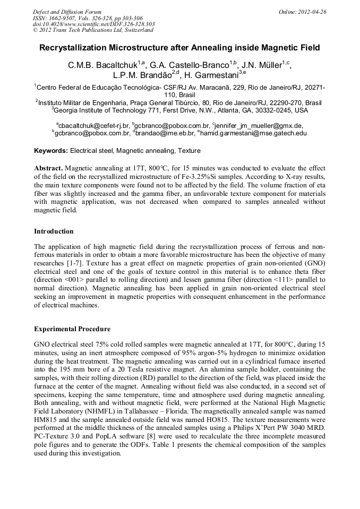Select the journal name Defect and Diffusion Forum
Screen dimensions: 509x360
point(66,12)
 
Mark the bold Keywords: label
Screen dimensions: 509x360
point(51,151)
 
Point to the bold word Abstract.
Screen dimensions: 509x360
point(49,167)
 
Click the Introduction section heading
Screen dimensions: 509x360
point(54,231)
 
